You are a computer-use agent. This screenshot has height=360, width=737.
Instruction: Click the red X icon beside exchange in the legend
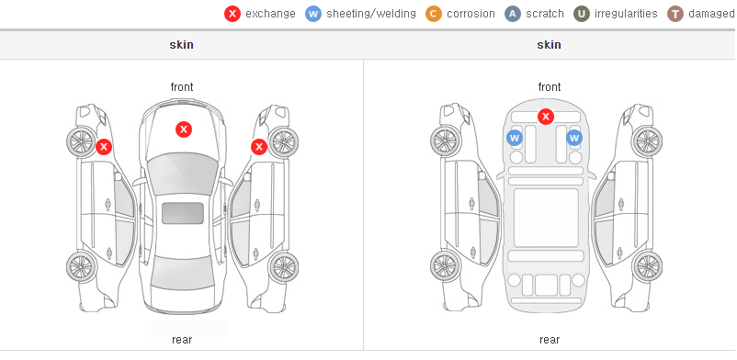pyautogui.click(x=232, y=14)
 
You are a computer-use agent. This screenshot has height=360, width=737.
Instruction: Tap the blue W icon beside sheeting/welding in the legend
pyautogui.click(x=313, y=14)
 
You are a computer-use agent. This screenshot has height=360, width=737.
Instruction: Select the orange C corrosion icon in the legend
pyautogui.click(x=434, y=14)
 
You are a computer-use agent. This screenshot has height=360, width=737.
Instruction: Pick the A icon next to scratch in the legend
pyautogui.click(x=513, y=14)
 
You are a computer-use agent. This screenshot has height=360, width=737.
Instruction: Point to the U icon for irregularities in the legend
pyautogui.click(x=582, y=14)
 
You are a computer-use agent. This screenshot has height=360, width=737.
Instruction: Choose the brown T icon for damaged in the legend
pyautogui.click(x=675, y=14)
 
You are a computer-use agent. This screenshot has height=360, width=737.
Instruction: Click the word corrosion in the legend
pyautogui.click(x=471, y=14)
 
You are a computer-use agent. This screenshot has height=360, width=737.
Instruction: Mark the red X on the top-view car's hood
pyautogui.click(x=184, y=129)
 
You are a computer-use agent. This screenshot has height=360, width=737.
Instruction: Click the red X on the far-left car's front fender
pyautogui.click(x=104, y=147)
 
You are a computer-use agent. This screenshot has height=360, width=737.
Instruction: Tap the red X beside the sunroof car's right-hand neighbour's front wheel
pyautogui.click(x=259, y=147)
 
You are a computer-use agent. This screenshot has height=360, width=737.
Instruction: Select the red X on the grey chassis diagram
pyautogui.click(x=546, y=116)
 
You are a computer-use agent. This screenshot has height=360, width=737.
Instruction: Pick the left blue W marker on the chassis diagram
pyautogui.click(x=515, y=138)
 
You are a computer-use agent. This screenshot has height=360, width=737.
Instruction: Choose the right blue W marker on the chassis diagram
pyautogui.click(x=574, y=138)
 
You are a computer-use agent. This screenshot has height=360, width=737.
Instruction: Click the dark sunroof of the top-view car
pyautogui.click(x=183, y=213)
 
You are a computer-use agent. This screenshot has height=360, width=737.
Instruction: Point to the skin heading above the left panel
pyautogui.click(x=181, y=45)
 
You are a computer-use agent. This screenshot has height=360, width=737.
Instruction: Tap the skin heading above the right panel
pyautogui.click(x=549, y=45)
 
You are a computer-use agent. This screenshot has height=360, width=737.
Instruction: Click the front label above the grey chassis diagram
pyautogui.click(x=550, y=87)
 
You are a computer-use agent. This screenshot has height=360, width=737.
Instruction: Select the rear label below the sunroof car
pyautogui.click(x=182, y=340)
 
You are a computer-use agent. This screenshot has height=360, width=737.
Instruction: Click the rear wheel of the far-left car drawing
pyautogui.click(x=82, y=267)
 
